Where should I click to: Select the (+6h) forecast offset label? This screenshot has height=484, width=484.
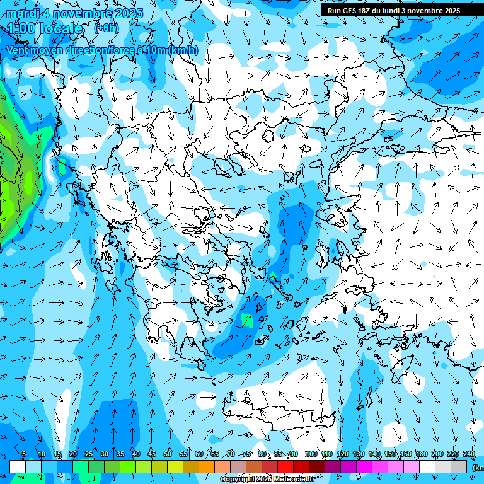[x=106, y=28]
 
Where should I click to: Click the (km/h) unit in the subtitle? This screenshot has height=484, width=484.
[x=183, y=50]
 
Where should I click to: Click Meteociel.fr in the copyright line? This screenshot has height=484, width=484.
[x=294, y=480]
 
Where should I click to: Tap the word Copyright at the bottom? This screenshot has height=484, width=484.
[x=238, y=480]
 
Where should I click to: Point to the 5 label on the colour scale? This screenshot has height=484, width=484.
[x=24, y=454]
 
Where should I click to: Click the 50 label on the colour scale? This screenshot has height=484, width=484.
[x=168, y=454]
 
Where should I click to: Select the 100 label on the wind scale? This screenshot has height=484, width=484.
[x=311, y=454]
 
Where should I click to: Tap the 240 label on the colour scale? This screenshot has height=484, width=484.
[x=468, y=454]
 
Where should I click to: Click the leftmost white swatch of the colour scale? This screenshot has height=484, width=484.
[x=18, y=466]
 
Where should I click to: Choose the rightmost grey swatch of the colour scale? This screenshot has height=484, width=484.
[x=459, y=466]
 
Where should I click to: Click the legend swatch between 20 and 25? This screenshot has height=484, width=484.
[x=81, y=466]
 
